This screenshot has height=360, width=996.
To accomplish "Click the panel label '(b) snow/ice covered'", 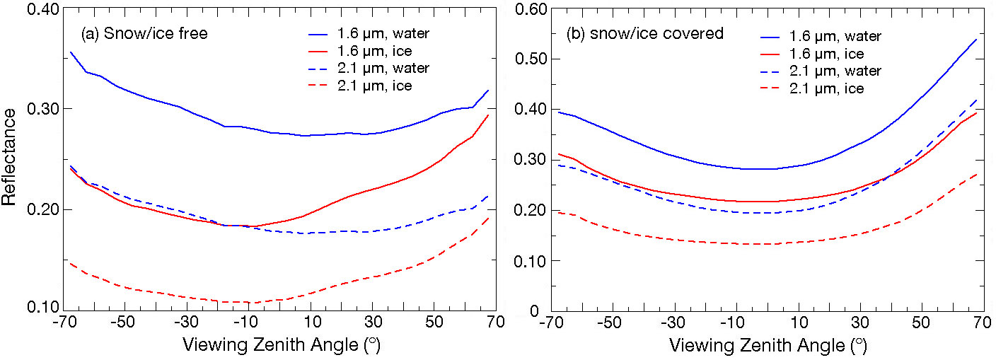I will tap(644, 33).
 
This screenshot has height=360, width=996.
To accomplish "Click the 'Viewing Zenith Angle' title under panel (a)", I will tap(276, 345).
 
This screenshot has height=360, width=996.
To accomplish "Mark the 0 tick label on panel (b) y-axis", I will tap(535, 311).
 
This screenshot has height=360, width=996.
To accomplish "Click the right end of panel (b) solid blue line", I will tap(976, 39).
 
